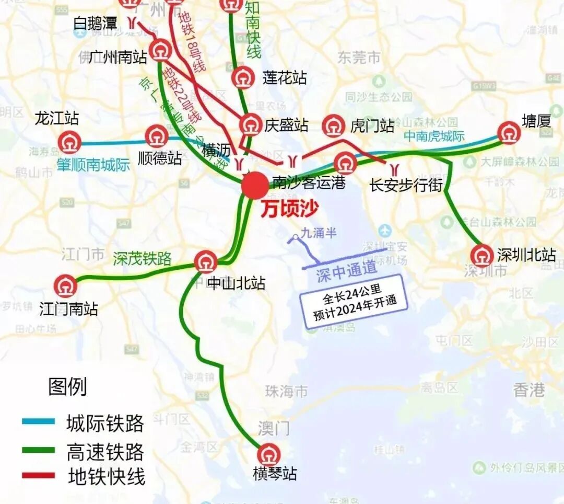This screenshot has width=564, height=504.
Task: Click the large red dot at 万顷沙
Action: click(x=255, y=185)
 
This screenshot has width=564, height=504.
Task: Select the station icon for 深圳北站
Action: click(x=481, y=256)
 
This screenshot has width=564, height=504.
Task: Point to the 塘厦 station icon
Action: click(x=508, y=133)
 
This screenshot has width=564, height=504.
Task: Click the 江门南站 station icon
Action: click(x=66, y=287)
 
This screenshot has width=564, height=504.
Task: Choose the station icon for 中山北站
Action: click(x=206, y=261)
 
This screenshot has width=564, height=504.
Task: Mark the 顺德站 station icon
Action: click(x=157, y=136)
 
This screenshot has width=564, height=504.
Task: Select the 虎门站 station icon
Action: click(x=334, y=125)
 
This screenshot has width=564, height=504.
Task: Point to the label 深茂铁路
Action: click(x=142, y=258)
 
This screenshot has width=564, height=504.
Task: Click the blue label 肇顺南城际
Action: click(x=94, y=166)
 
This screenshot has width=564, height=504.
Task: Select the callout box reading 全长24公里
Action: click(x=352, y=301)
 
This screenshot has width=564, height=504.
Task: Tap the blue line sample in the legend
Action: click(x=38, y=421)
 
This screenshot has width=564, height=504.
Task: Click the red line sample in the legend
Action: click(x=38, y=475)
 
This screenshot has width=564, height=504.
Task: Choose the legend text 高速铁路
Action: click(x=105, y=451)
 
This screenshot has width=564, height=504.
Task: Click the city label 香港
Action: click(x=528, y=390)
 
